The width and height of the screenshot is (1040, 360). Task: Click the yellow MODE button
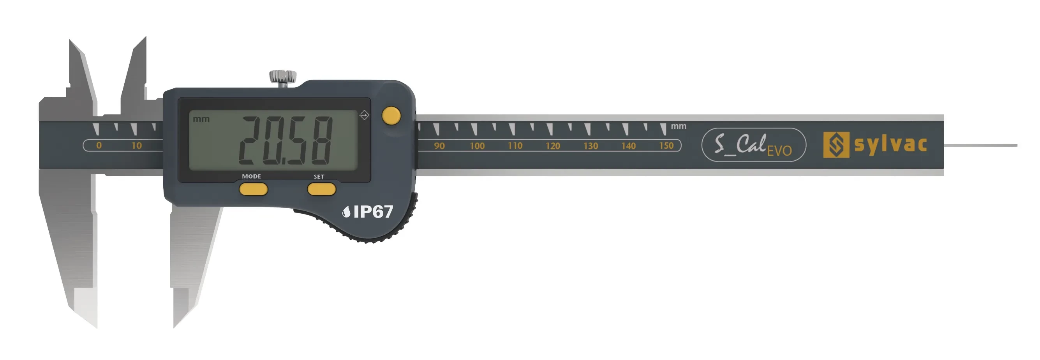(x=253, y=189)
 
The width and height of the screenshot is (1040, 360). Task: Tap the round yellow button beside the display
(x=391, y=116)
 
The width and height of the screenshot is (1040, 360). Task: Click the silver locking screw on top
(x=283, y=78)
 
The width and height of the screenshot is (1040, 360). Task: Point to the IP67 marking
(x=368, y=211)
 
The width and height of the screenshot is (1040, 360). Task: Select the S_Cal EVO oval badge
(x=754, y=145)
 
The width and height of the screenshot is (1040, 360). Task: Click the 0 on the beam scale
(x=99, y=145)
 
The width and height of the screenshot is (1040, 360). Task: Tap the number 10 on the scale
(x=136, y=145)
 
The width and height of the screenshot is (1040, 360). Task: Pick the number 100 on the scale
(x=477, y=146)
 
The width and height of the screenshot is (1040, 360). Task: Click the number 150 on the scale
(x=666, y=145)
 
